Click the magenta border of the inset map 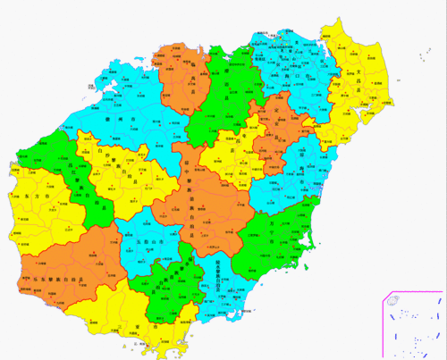pyautogui.click(x=382, y=322)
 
